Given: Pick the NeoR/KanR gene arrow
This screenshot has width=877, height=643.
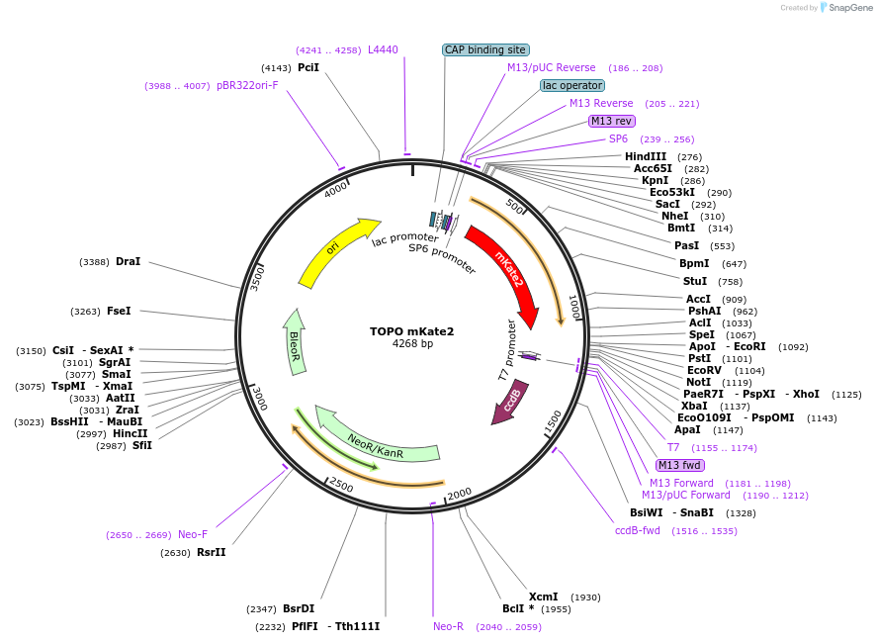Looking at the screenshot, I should (376, 441).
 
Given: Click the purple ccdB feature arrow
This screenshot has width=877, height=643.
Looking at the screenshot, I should (511, 403).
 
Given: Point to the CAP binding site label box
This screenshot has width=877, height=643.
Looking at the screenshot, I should (485, 49).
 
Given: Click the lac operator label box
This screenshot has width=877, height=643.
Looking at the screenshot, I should (572, 85).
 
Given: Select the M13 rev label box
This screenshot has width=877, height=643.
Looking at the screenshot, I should (610, 121).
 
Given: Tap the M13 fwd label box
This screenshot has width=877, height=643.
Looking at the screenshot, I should (679, 465).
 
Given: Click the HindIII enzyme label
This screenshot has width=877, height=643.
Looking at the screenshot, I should (646, 156).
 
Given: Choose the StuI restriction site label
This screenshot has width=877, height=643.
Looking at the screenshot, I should (695, 282).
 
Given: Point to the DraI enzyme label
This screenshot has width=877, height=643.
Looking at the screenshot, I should (129, 262).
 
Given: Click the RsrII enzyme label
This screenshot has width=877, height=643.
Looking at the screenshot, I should (212, 552).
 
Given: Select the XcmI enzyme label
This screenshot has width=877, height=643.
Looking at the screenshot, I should (544, 597).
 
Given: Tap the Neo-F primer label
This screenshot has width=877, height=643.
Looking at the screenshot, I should (193, 534).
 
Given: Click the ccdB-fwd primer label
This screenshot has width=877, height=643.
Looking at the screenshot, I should (638, 530).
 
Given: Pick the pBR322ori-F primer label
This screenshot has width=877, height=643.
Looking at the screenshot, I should (247, 85).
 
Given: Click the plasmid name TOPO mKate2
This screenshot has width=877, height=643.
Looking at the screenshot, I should (412, 330).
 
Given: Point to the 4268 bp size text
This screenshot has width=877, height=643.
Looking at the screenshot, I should (412, 344).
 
